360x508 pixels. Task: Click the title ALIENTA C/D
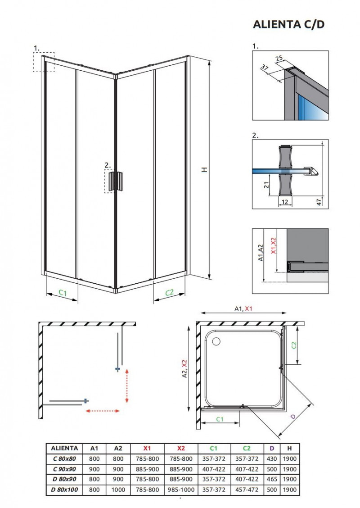(288, 24)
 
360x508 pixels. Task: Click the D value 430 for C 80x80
(272, 458)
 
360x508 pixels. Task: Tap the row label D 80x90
(64, 479)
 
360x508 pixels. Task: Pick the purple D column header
(272, 448)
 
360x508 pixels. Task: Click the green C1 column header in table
(214, 448)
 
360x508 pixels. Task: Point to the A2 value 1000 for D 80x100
(118, 489)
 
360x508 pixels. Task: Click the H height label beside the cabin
(204, 170)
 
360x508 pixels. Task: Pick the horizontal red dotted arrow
(102, 410)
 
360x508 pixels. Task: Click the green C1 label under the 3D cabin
(63, 293)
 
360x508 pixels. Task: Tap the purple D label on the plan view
(293, 417)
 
